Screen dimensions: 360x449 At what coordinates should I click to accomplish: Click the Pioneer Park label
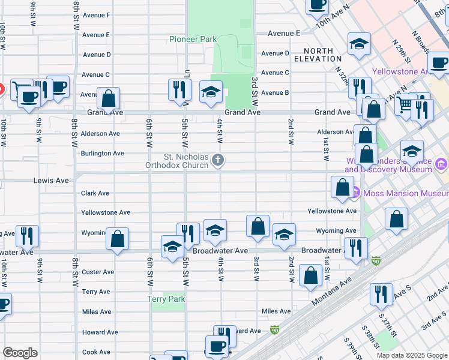click(192, 39)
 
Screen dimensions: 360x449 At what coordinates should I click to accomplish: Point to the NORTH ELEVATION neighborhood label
click(318, 55)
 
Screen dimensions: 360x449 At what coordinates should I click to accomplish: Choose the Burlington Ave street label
click(102, 154)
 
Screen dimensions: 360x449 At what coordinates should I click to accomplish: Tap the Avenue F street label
click(96, 15)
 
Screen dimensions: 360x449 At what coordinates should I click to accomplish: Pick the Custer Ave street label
click(98, 272)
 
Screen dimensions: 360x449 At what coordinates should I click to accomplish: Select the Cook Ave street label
click(96, 352)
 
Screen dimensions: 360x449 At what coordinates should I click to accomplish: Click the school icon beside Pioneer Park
click(211, 92)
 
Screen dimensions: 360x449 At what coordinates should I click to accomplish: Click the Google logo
click(20, 353)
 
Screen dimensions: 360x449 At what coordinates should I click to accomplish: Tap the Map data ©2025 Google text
click(411, 355)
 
